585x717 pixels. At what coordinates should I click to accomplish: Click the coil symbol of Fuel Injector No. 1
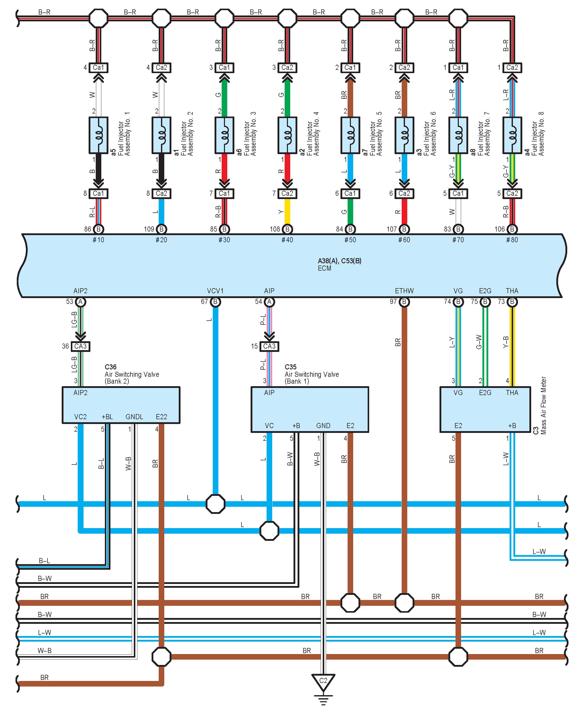tap(99, 135)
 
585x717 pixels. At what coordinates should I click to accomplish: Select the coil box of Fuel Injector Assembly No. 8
tap(512, 135)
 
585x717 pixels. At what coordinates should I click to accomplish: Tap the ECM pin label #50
tap(350, 240)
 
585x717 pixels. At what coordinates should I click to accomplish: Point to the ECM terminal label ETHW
tap(404, 291)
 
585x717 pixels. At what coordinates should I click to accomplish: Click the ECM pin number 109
tap(149, 229)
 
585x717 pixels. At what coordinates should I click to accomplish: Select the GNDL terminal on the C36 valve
tap(134, 417)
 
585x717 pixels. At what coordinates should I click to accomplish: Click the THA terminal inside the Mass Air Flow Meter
tap(512, 393)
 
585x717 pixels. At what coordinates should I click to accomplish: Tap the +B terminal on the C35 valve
tap(296, 426)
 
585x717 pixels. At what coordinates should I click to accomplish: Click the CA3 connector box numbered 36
tap(80, 346)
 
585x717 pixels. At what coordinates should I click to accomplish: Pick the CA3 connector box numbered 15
tap(269, 346)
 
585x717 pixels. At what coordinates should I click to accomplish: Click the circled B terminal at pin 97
tap(404, 302)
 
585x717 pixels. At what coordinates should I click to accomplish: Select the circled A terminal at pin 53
tap(80, 302)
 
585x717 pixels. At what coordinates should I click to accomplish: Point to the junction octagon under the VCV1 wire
tap(215, 504)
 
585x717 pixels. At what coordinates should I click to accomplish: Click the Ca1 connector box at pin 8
tap(99, 193)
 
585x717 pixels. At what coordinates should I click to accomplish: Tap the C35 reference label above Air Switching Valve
tap(290, 367)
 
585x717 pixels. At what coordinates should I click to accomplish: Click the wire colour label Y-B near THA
tap(506, 342)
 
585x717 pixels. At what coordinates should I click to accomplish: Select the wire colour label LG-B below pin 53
tap(74, 319)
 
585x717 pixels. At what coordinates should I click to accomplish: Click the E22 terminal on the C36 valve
tap(161, 417)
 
